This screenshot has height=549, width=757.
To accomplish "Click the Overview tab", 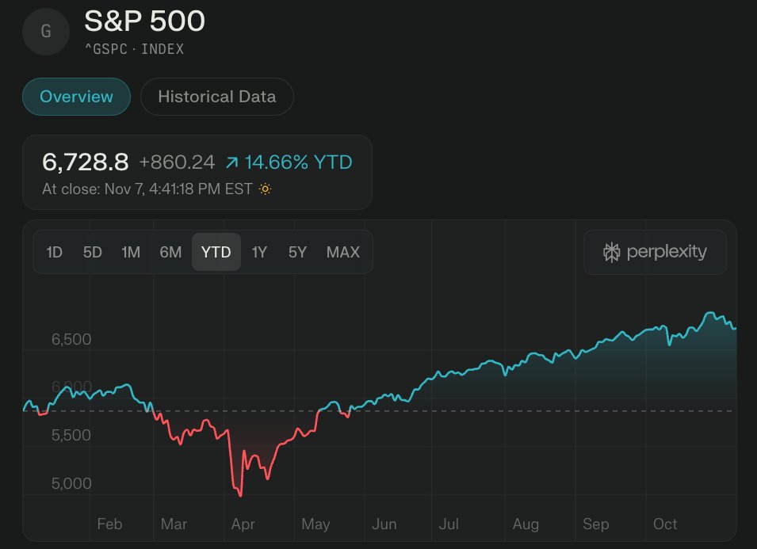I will [76, 97].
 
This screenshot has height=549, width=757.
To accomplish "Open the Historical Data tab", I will [216, 97].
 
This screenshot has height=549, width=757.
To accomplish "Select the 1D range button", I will [54, 252].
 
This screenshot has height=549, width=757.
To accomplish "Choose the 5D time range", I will [93, 252].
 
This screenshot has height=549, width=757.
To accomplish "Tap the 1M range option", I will [131, 252].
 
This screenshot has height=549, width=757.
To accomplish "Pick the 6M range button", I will [170, 252].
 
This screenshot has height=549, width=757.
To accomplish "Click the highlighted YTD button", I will [216, 252].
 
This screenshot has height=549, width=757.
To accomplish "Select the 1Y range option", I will [259, 252].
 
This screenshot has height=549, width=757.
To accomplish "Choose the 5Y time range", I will [297, 252].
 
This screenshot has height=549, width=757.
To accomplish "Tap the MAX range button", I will [342, 252].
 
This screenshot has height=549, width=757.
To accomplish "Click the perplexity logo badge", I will [655, 252].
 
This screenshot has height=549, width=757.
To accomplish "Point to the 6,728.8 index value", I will [85, 162].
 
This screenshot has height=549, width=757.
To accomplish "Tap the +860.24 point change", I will [177, 162].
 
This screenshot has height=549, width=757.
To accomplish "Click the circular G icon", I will [46, 32].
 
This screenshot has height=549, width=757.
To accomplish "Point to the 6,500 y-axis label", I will [71, 339].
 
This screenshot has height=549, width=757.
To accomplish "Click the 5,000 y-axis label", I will [71, 483].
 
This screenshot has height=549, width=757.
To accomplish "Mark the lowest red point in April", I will [240, 496].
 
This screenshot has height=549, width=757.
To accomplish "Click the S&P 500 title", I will [145, 21].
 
